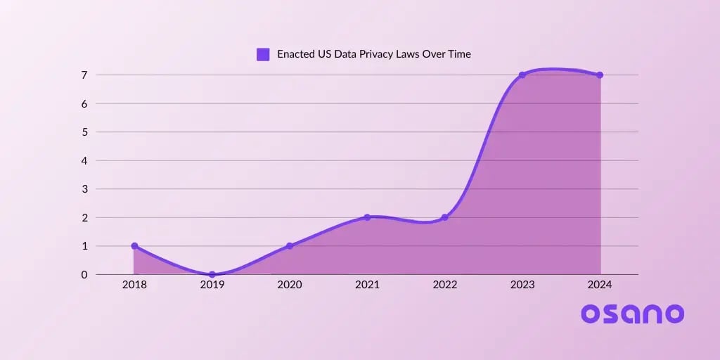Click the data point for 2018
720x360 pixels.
click(x=134, y=246)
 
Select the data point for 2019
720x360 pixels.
click(x=212, y=274)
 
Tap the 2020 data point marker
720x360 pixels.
click(x=290, y=246)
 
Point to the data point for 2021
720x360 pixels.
click(x=367, y=217)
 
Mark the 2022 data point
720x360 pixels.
click(x=444, y=217)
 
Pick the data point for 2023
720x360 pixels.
click(x=522, y=75)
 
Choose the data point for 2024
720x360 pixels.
click(x=600, y=75)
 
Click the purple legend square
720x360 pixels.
click(x=263, y=54)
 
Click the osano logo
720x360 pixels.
click(x=632, y=314)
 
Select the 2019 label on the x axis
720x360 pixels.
click(x=212, y=285)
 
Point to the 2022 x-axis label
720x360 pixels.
click(x=444, y=285)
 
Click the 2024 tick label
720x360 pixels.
click(x=600, y=285)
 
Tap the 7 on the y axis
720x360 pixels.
click(x=84, y=75)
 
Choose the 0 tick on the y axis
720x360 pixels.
click(x=84, y=274)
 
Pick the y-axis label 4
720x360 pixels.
click(x=84, y=160)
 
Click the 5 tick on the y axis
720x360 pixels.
click(x=84, y=132)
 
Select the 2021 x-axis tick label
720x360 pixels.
click(x=367, y=285)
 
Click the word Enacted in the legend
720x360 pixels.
click(x=295, y=54)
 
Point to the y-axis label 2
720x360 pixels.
click(x=84, y=217)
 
